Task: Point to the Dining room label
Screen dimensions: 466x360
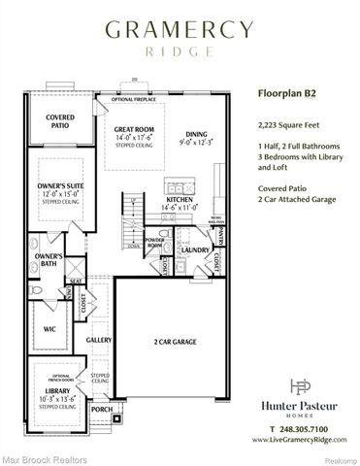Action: coord(197,135)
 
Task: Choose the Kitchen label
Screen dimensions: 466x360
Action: coord(181,199)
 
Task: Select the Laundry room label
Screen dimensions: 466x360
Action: coord(195,250)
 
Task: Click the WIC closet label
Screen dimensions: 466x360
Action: coord(49,329)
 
